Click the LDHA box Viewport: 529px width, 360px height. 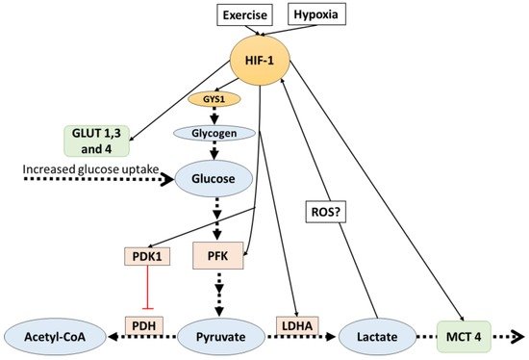tap(298, 327)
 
